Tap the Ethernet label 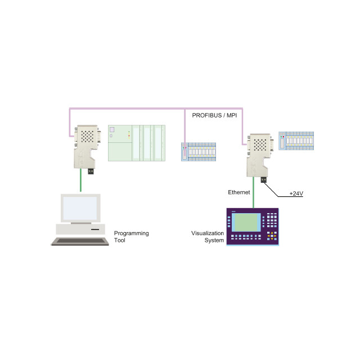pos(238,192)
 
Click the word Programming pos(132,233)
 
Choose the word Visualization pos(208,233)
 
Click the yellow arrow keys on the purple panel pos(272,235)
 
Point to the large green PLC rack pos(137,143)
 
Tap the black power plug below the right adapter pos(263,180)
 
